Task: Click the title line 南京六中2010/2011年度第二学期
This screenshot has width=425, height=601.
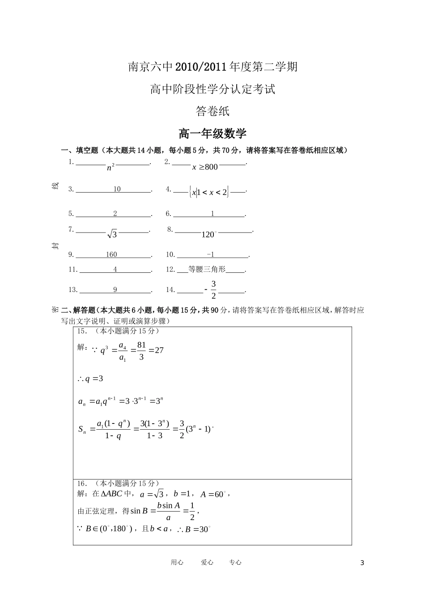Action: [x=212, y=67]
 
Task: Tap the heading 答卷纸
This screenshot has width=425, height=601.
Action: [x=212, y=111]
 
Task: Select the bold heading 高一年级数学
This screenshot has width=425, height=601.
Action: [x=212, y=134]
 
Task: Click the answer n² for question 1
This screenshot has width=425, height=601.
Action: [x=111, y=167]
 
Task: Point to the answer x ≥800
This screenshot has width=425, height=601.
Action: [x=205, y=167]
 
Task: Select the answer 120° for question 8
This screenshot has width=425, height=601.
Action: [x=208, y=234]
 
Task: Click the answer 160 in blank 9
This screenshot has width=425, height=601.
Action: [x=111, y=254]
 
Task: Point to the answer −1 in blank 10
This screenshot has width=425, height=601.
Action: [x=211, y=254]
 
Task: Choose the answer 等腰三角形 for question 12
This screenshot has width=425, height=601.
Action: [x=207, y=269]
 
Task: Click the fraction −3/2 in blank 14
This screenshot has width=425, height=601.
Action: [x=211, y=290]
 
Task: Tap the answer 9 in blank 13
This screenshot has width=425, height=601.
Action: [x=115, y=290]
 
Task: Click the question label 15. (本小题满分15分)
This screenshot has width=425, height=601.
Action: [x=118, y=331]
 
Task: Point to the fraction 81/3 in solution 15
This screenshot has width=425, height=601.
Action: [x=141, y=351]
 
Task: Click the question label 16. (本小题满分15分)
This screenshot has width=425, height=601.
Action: [x=118, y=483]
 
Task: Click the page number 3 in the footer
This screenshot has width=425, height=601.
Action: [x=362, y=563]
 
